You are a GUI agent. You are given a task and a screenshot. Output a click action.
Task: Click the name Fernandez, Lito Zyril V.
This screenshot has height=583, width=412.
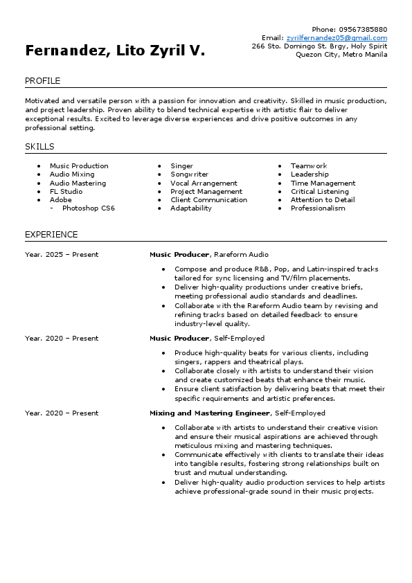click(x=115, y=51)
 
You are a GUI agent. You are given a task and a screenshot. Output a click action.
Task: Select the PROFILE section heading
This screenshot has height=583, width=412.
click(x=42, y=81)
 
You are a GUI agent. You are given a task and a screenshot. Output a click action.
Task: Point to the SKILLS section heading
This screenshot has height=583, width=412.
click(x=39, y=147)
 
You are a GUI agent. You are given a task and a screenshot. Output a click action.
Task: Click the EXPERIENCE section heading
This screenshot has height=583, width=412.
click(x=51, y=235)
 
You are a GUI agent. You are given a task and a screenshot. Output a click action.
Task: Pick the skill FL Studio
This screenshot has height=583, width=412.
click(x=66, y=192)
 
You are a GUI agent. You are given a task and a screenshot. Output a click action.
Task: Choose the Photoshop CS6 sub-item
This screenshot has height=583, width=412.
click(x=88, y=208)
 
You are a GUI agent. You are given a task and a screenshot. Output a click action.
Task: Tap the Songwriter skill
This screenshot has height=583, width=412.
click(x=189, y=174)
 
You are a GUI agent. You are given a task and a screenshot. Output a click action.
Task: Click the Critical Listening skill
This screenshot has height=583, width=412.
click(x=319, y=192)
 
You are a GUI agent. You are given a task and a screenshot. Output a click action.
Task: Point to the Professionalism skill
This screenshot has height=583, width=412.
click(x=317, y=208)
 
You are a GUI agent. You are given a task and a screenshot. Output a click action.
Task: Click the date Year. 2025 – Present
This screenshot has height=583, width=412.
click(x=62, y=255)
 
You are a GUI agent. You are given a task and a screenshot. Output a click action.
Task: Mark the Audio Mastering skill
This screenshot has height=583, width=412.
click(x=78, y=183)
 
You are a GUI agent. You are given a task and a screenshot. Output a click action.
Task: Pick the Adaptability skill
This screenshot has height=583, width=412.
click(x=191, y=208)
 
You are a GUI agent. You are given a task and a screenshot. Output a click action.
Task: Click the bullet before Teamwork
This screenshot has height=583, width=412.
click(x=281, y=166)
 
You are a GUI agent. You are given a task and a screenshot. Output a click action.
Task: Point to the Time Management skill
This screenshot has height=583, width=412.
click(x=323, y=183)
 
